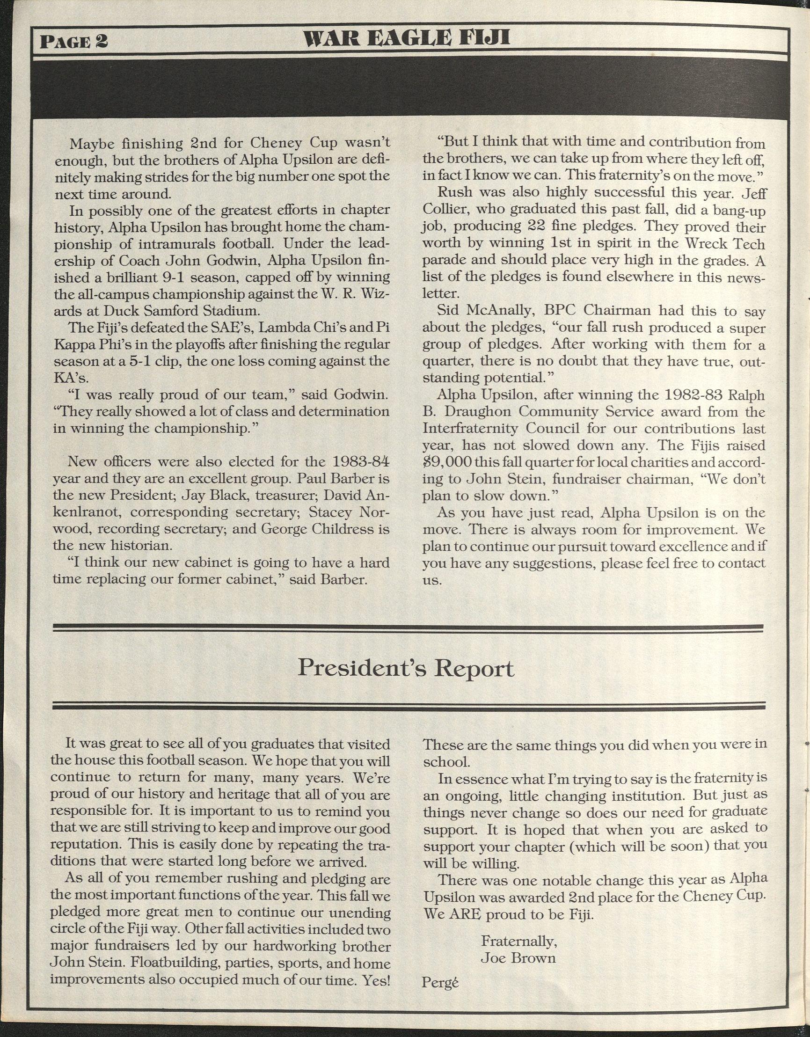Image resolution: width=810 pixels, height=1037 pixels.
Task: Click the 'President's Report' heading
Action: click(x=406, y=669)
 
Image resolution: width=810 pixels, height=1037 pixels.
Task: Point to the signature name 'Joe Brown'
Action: click(x=518, y=958)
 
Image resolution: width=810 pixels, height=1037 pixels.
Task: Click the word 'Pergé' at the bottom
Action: click(x=441, y=982)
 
